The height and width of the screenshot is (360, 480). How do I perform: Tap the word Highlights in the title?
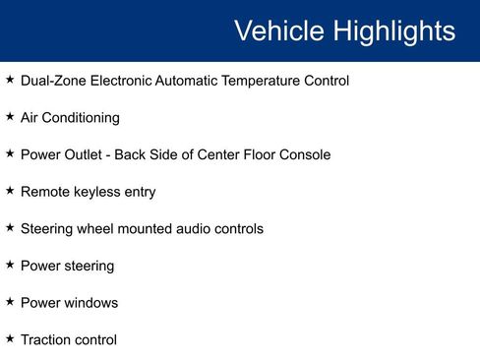tap(392, 30)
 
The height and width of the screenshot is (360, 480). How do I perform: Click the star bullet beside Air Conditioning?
tap(10, 116)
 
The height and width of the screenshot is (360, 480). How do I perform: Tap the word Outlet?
tap(88, 154)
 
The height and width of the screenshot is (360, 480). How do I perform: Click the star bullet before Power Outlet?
tap(10, 153)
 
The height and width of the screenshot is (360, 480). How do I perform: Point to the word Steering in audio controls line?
tap(48, 228)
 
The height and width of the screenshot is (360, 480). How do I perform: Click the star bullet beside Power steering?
tap(10, 265)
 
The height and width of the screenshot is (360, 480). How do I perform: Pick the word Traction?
tap(46, 339)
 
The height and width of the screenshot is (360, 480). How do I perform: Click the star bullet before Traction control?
tap(10, 338)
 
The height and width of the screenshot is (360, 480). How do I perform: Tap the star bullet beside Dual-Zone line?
tap(10, 79)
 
